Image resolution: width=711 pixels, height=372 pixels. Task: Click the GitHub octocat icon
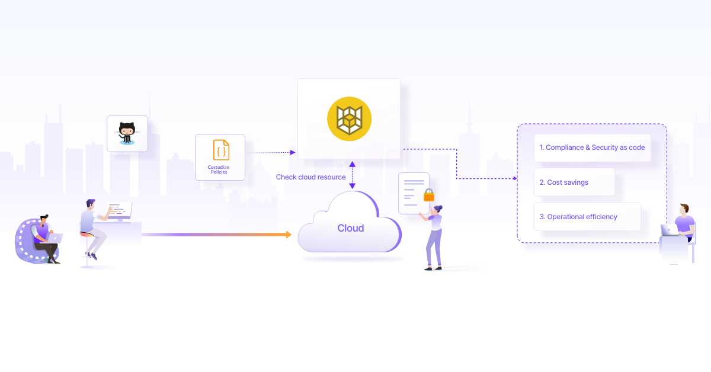point(127,133)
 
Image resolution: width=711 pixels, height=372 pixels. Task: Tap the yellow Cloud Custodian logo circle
point(349,118)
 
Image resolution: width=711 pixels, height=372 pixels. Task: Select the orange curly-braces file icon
point(221,150)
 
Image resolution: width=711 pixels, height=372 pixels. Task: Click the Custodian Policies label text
point(219,169)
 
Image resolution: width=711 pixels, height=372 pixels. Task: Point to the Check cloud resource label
point(310,177)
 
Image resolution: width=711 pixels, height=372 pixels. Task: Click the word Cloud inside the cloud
point(351,228)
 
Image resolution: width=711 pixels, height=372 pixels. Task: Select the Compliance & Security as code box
point(592,147)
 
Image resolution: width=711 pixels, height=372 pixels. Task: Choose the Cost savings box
point(574,182)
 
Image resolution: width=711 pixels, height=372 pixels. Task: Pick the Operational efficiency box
point(587,217)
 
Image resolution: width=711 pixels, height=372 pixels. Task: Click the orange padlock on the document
point(429,195)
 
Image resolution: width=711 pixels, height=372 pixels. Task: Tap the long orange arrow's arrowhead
point(289,235)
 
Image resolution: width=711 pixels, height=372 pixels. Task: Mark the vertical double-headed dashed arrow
point(352,175)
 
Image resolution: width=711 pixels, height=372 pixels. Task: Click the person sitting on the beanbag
point(45,237)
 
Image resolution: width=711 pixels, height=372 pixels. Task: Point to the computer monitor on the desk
point(120,210)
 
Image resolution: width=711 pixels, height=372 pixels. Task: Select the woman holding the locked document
point(434,237)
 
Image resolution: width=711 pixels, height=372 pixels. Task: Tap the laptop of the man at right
point(666,230)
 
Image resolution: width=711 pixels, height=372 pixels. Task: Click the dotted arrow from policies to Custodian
point(270,153)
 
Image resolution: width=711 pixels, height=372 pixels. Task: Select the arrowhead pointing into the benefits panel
point(514,178)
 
